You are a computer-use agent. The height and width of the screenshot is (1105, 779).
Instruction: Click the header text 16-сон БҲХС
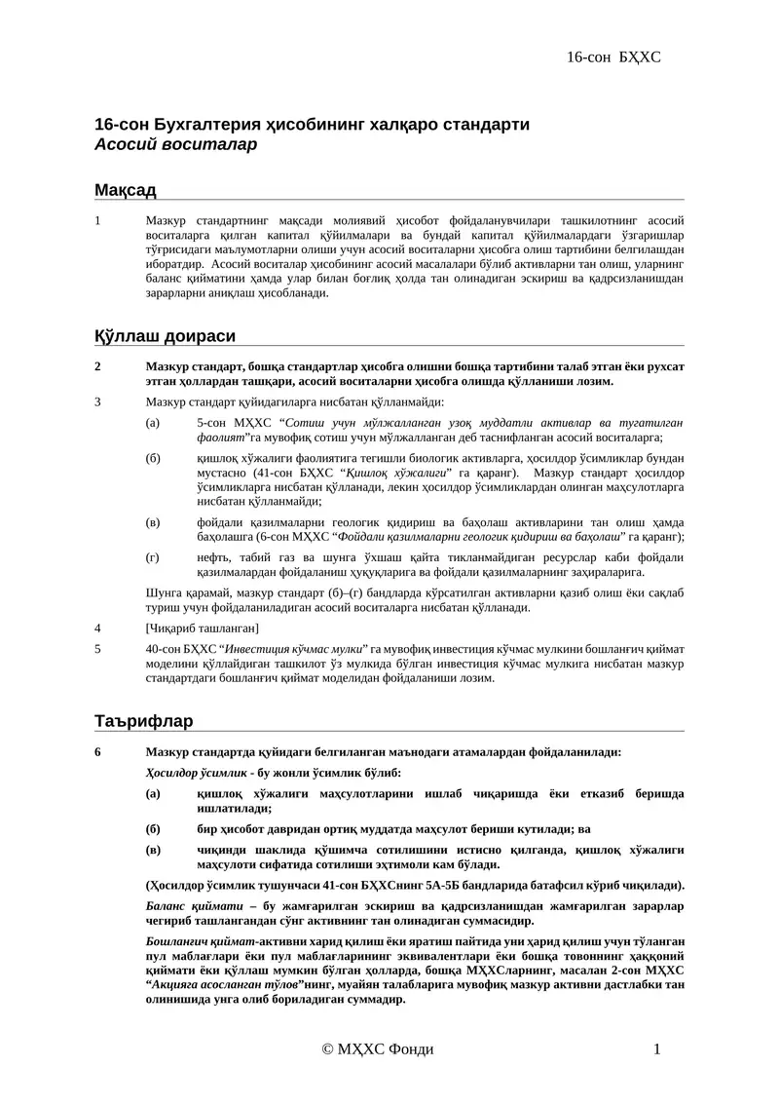pos(613,57)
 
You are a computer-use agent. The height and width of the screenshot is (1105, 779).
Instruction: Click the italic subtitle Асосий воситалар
pos(175,145)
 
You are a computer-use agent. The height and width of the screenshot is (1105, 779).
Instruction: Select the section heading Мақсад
pos(125,189)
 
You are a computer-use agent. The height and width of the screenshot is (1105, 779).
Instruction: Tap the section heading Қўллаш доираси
pos(165,336)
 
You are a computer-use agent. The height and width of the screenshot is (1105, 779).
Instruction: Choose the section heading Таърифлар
pos(143,721)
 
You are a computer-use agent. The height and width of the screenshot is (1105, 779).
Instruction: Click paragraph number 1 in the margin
pos(97,220)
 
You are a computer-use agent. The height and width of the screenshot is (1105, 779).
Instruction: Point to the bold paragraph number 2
pos(97,366)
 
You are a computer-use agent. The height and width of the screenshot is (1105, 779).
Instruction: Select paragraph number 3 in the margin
pos(97,401)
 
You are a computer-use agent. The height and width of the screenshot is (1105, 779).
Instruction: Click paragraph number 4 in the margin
pos(97,628)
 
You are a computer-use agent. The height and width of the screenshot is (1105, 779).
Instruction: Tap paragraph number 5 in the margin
pos(97,647)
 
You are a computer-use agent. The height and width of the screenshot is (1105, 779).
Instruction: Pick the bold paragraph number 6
pos(97,751)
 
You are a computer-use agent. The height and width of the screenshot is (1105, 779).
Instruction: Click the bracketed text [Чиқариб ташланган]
pos(202,628)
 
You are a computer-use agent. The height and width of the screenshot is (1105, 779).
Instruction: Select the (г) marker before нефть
pos(152,557)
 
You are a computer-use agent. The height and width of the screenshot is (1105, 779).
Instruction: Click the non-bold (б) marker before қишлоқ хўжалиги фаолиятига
pos(153,458)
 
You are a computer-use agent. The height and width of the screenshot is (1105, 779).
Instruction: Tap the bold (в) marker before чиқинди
pos(152,850)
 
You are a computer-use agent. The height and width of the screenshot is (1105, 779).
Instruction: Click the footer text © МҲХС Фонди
pos(378,1048)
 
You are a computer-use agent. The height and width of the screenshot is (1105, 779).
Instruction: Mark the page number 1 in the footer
pos(657,1048)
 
